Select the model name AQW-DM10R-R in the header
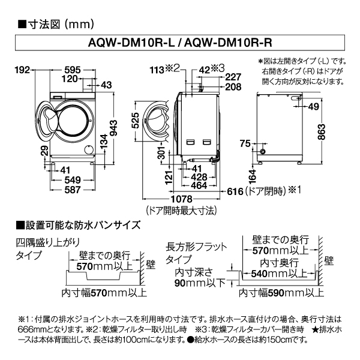[226, 44]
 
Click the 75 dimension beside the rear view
[245, 143]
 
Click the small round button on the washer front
[88, 149]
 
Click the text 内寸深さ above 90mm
[194, 272]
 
